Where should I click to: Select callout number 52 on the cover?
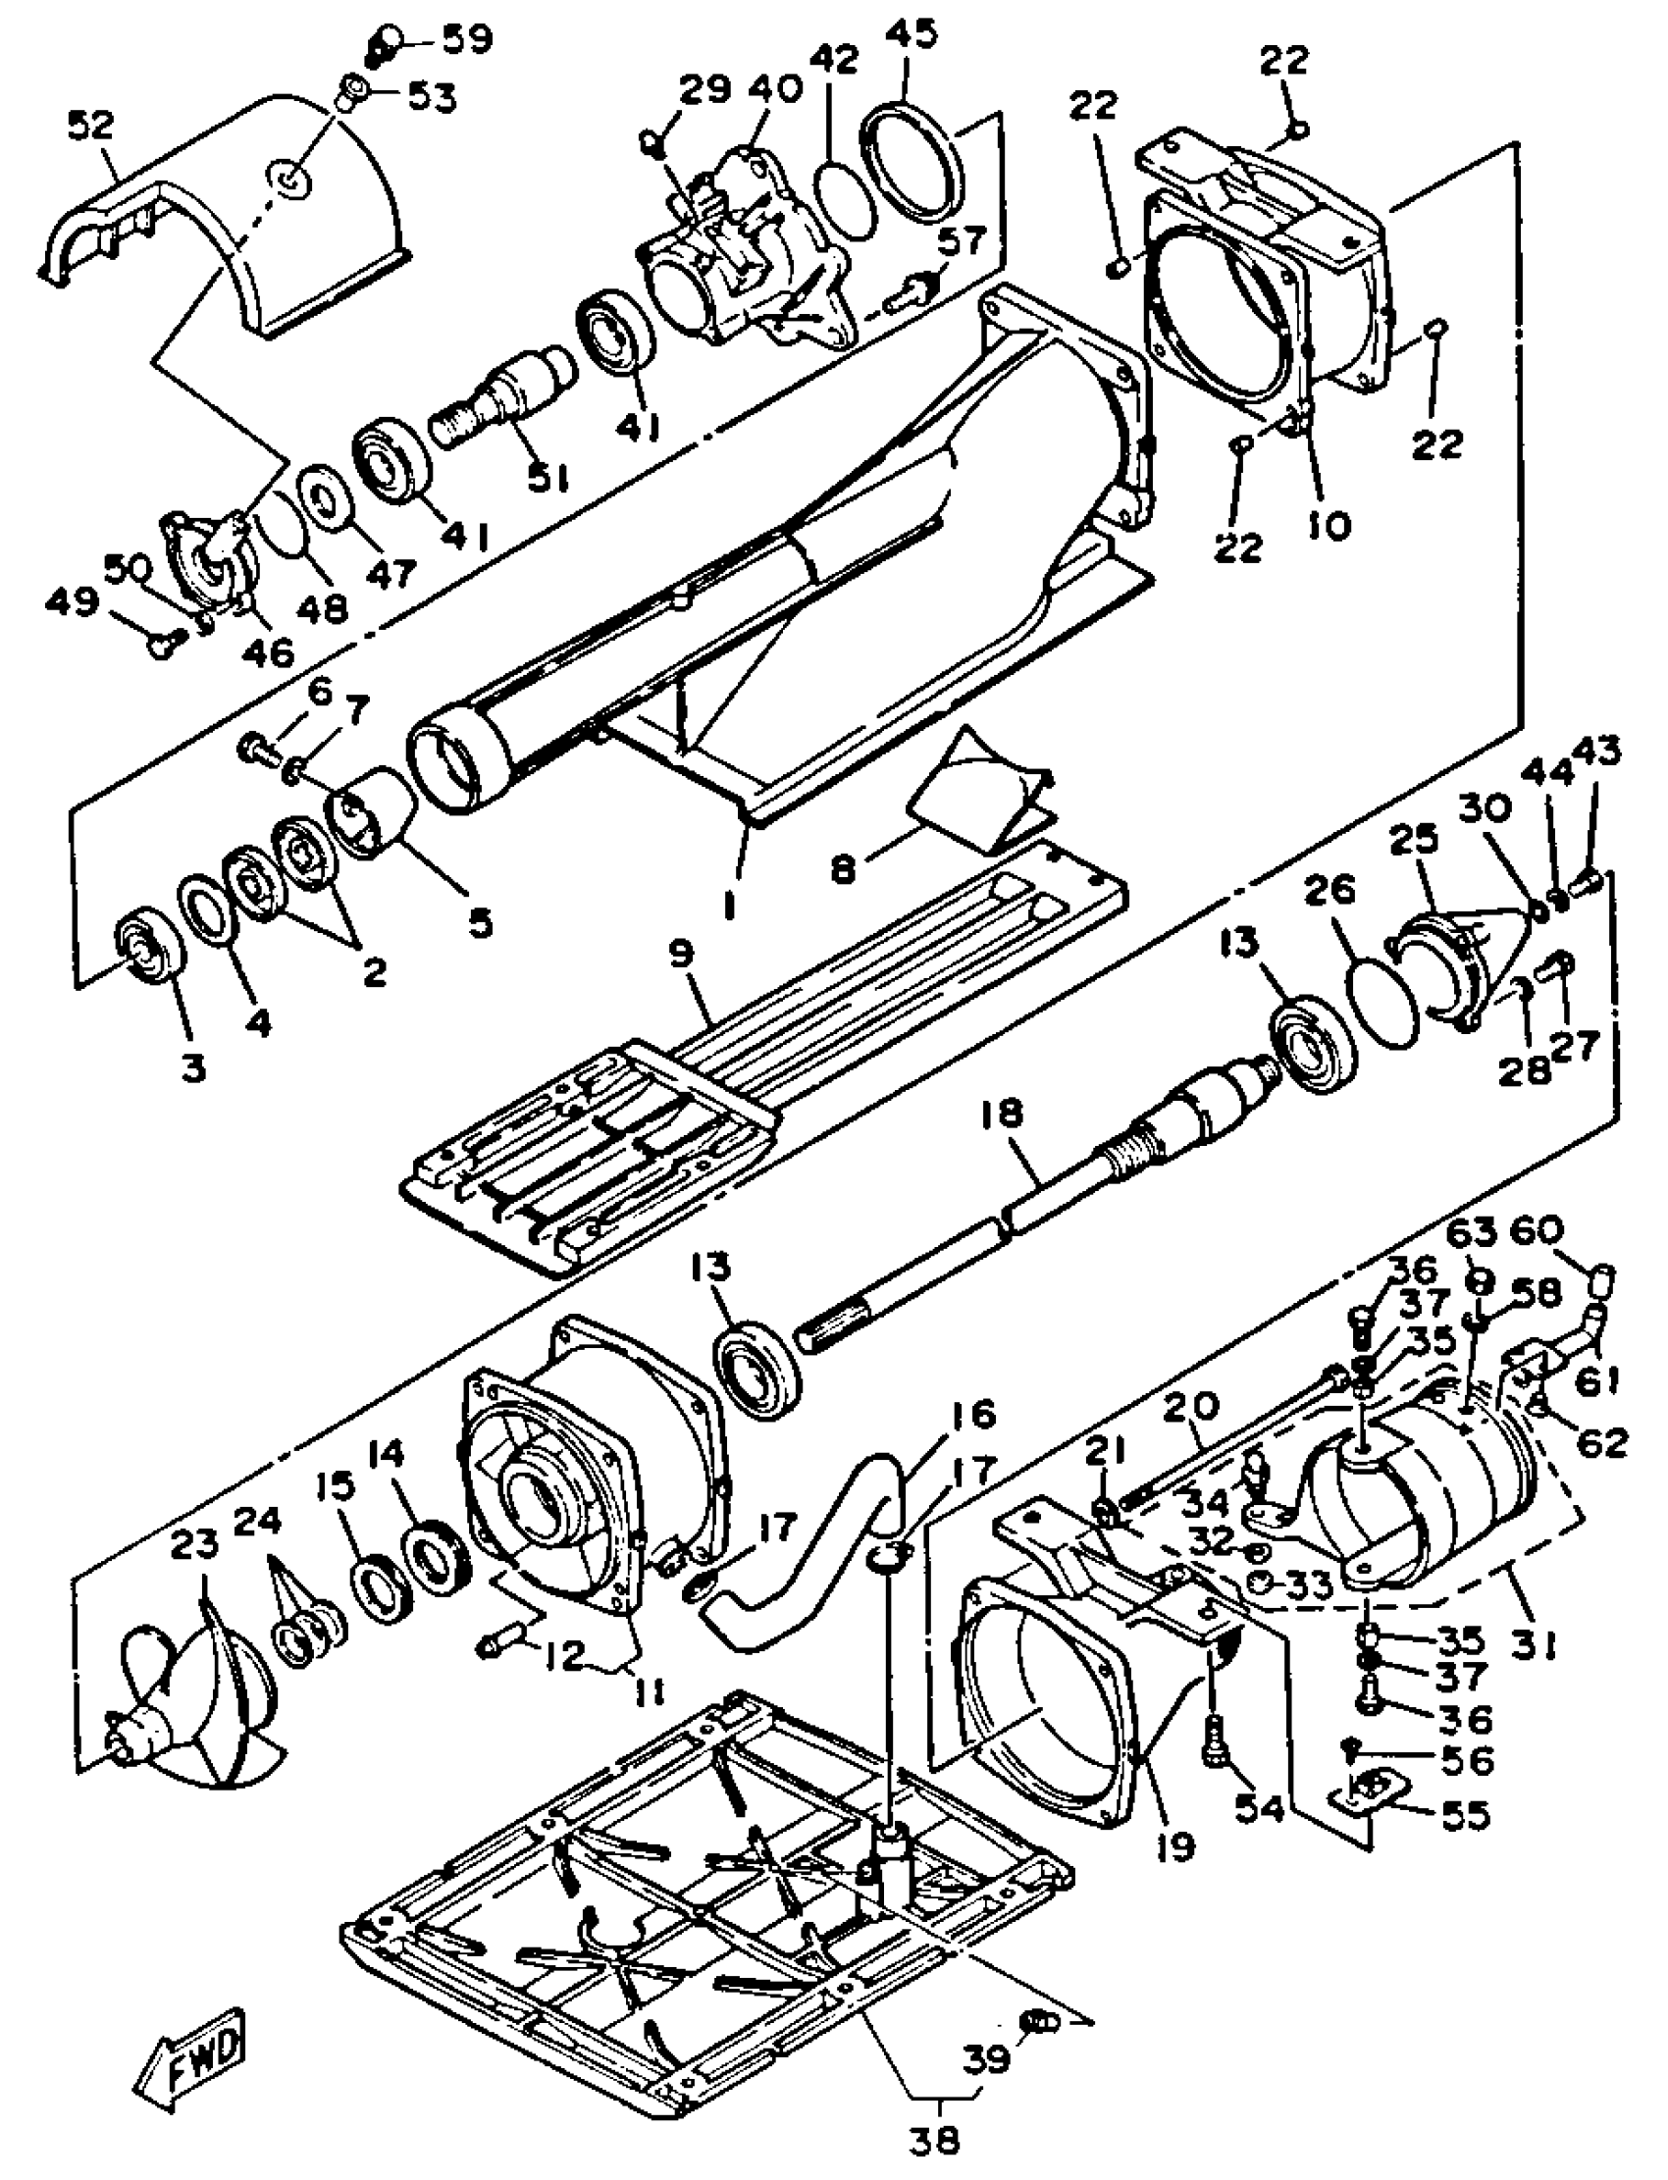pyautogui.click(x=91, y=127)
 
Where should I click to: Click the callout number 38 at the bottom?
pyautogui.click(x=935, y=2142)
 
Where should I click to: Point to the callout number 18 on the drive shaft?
pyautogui.click(x=1000, y=1115)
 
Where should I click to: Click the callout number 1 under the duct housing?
pyautogui.click(x=730, y=906)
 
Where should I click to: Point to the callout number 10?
pyautogui.click(x=1329, y=523)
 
